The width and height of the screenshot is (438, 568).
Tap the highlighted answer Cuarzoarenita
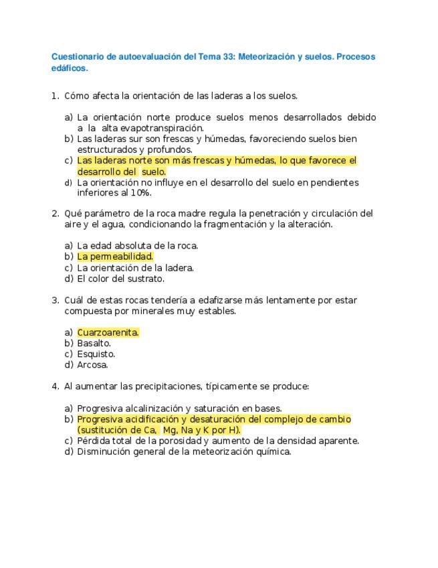(x=108, y=332)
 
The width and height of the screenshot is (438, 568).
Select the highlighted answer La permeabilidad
(x=115, y=257)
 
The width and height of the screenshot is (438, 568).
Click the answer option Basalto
(x=94, y=343)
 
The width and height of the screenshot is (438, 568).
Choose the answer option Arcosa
(x=92, y=365)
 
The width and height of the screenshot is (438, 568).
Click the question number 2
(x=55, y=214)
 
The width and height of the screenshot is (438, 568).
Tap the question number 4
(x=55, y=386)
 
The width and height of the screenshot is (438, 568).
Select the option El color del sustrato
(x=120, y=279)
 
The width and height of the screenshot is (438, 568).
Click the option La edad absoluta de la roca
(x=137, y=246)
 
